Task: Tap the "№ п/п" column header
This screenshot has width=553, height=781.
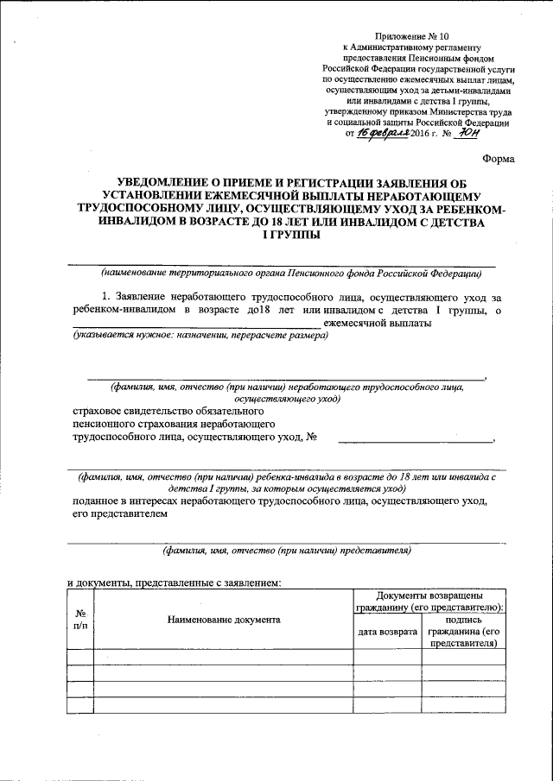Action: click(x=79, y=619)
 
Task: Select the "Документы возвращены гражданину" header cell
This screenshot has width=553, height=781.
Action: click(x=429, y=601)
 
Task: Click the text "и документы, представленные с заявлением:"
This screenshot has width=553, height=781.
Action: click(x=174, y=583)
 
